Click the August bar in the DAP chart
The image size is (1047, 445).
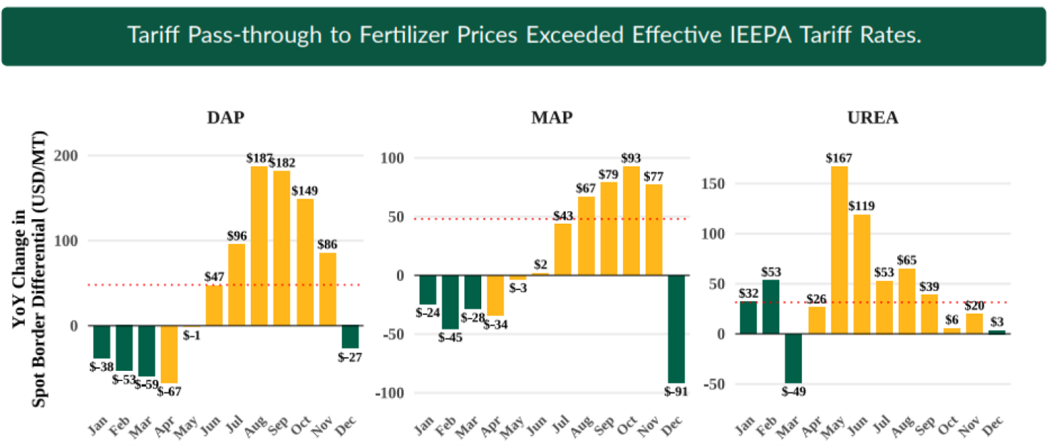click(259, 246)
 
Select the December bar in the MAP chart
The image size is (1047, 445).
click(676, 329)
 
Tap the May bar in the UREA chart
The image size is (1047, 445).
click(839, 250)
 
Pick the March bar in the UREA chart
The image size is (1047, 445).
click(793, 358)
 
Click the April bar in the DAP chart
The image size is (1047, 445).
click(169, 354)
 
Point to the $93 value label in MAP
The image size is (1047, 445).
click(630, 158)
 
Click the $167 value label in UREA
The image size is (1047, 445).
click(839, 158)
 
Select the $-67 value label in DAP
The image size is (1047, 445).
click(169, 391)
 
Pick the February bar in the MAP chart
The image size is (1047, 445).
click(449, 302)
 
